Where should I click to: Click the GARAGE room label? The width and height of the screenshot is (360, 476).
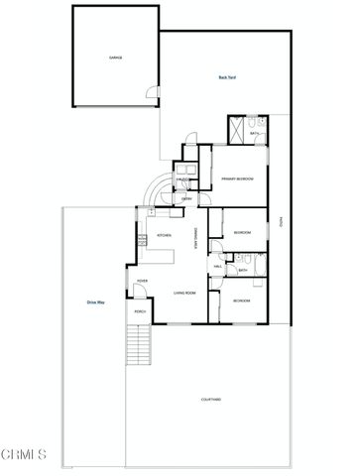point(115,59)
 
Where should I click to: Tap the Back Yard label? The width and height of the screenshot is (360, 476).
point(226,77)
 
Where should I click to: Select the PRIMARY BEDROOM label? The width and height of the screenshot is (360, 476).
point(238,178)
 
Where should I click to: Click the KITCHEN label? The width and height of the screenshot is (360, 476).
point(165,235)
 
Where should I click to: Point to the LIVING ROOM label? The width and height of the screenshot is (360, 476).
point(183,294)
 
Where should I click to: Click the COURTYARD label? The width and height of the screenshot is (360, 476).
point(210,399)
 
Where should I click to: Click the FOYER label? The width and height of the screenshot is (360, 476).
point(142,281)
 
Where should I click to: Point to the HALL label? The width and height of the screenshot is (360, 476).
point(218,266)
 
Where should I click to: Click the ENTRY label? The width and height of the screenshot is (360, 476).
point(186,198)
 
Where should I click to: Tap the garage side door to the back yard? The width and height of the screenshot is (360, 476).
point(150,96)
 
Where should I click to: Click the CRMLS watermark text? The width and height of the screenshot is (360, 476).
point(24,455)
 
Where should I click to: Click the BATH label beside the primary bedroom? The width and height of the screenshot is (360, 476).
point(254,133)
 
